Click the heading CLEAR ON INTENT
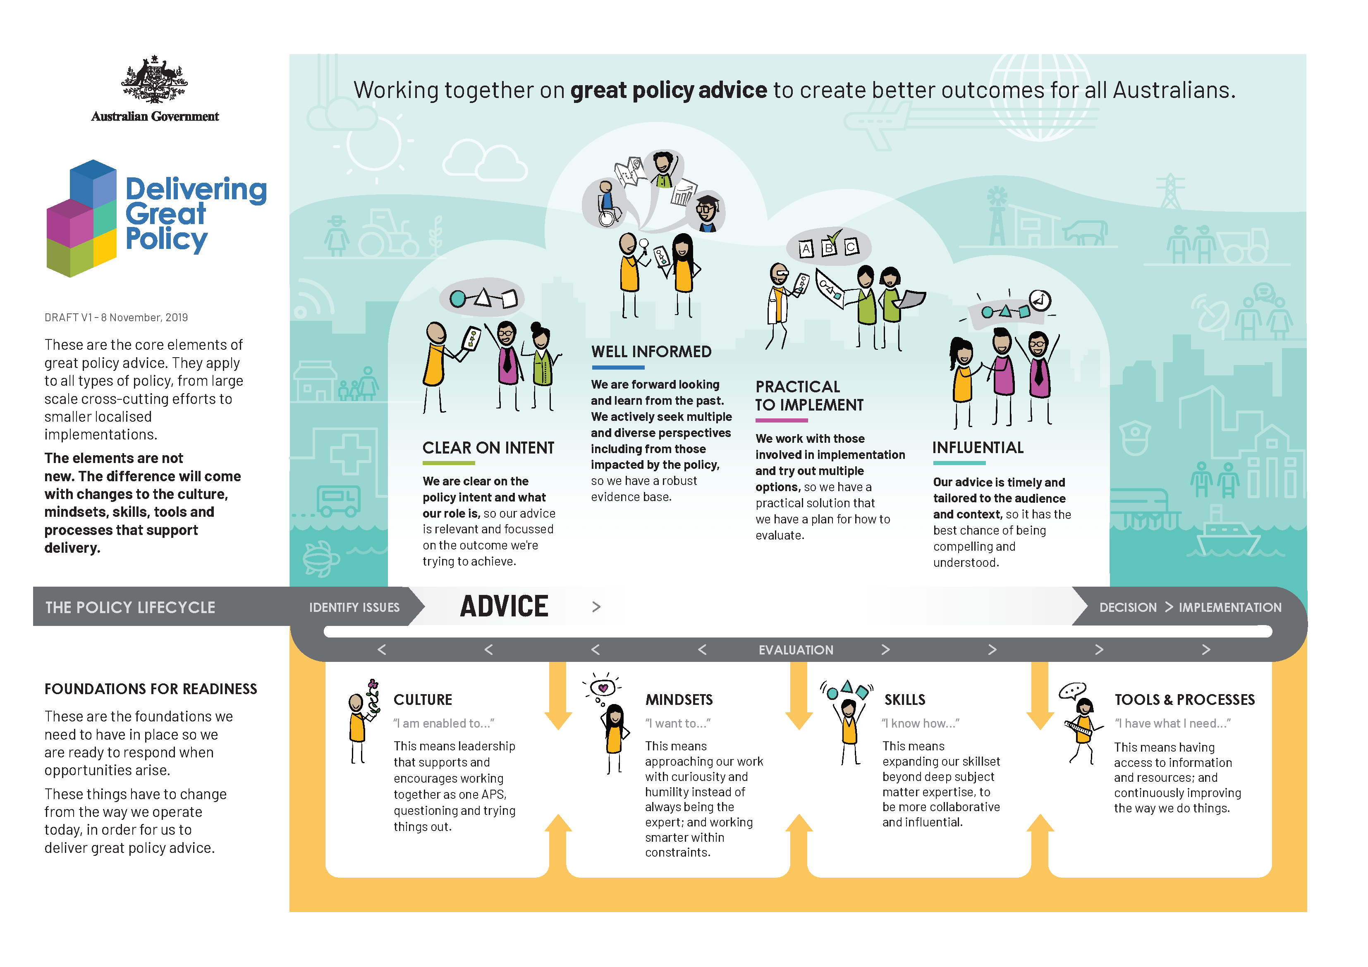pos(488,448)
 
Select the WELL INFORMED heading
pos(651,351)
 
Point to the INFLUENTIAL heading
pos(978,448)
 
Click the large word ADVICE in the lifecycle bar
pos(504,606)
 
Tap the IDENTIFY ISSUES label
pos(354,607)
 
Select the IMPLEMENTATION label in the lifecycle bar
pos(1230,607)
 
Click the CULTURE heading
pos(423,700)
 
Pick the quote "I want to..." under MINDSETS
pos(677,723)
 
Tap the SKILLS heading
pos(904,700)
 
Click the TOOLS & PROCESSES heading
pos(1184,700)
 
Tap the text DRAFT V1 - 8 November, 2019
pos(116,318)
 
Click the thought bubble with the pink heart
pos(603,688)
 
